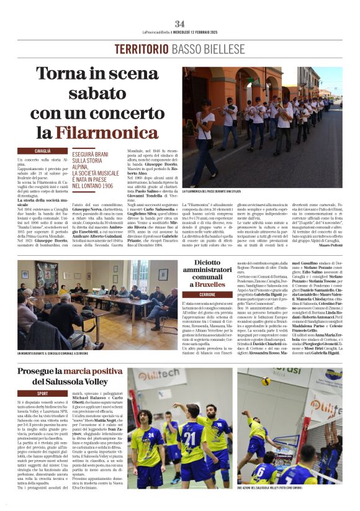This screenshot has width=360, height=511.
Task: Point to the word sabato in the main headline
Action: (88, 94)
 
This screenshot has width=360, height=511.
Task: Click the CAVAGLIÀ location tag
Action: (43, 150)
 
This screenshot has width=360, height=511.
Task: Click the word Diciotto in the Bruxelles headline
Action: (216, 263)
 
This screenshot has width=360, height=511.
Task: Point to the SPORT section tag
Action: (42, 393)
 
